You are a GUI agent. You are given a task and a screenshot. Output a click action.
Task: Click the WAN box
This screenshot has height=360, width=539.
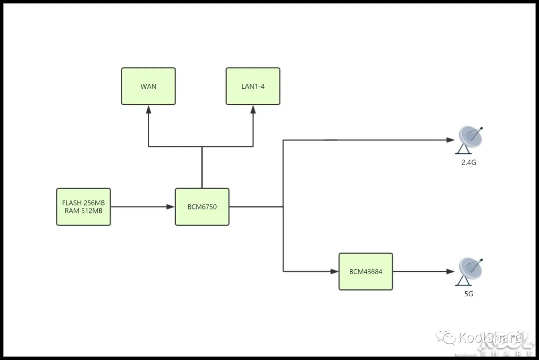[148, 86]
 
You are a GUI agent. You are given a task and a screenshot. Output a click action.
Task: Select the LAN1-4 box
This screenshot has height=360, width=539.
[253, 86]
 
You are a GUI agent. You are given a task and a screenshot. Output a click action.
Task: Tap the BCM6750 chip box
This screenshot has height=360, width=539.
[202, 206]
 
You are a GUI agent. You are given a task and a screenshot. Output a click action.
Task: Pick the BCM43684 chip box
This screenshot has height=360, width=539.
[366, 272]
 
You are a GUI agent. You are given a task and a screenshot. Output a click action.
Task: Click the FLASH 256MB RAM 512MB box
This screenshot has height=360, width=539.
[83, 206]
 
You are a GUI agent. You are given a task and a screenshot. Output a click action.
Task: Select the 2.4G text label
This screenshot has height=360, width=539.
[469, 162]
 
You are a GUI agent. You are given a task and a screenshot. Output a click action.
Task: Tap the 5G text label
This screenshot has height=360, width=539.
[469, 294]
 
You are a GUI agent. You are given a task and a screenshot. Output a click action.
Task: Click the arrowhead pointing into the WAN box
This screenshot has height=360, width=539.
[148, 109]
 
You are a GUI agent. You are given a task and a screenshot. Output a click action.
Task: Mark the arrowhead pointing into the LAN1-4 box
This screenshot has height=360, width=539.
[253, 109]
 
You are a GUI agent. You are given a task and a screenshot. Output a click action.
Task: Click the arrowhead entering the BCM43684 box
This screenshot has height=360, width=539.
[335, 272]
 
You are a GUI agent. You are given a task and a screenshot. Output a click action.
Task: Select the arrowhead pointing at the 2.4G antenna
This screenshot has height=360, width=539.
[451, 140]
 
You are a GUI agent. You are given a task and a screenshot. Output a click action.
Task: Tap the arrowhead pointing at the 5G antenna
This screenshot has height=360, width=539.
[451, 272]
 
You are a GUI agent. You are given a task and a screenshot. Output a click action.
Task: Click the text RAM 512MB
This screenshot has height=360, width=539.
[83, 210]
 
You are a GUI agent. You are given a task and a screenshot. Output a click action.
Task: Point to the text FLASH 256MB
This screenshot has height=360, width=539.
[83, 203]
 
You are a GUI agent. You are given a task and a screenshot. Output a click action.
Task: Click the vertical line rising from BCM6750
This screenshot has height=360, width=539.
[202, 167]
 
